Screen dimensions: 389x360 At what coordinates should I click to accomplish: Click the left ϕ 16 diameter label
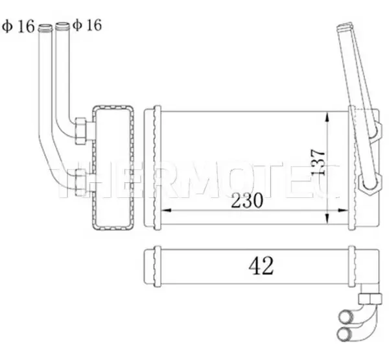tap(18, 26)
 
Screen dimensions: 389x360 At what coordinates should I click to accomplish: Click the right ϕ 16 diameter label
tap(88, 25)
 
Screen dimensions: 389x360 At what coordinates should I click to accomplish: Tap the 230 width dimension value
tap(247, 200)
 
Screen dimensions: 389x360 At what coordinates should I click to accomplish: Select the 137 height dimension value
tap(318, 163)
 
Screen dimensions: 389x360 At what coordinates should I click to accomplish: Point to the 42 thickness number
tap(261, 266)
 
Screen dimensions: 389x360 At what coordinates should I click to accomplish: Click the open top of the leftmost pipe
tap(45, 27)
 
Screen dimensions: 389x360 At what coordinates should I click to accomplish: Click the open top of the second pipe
tap(62, 25)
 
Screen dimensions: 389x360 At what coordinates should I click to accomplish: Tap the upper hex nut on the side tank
tap(80, 131)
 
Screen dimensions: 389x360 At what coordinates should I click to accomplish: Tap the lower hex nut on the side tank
tap(80, 182)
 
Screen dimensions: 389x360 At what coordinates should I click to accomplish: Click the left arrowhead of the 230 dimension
tap(166, 211)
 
